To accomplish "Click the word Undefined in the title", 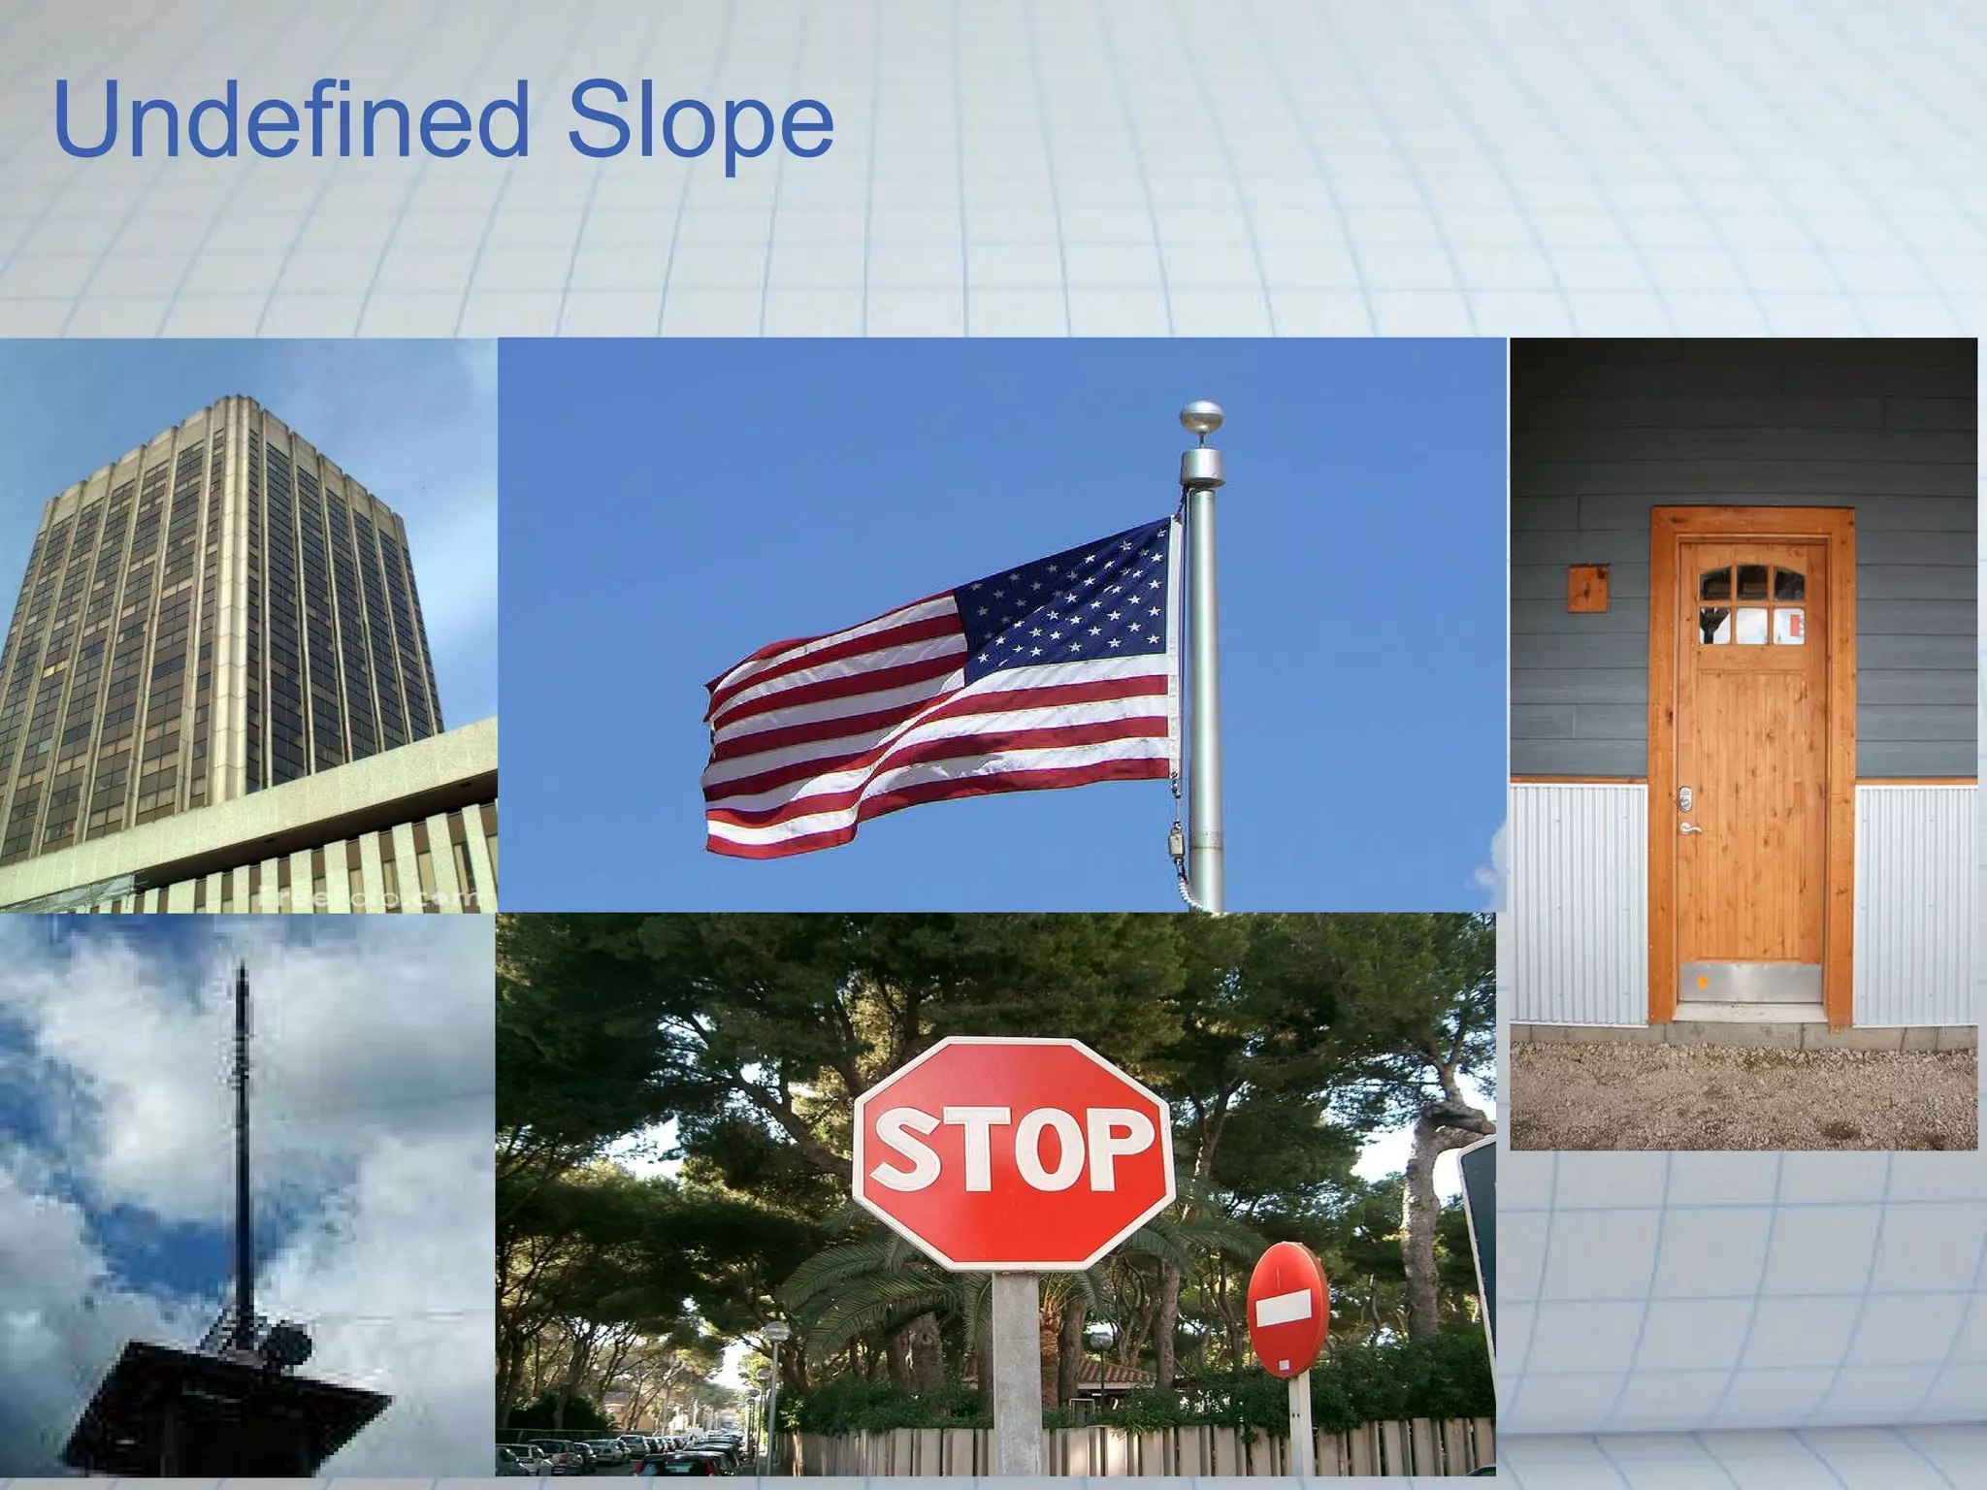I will tap(291, 121).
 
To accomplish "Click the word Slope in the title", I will tap(699, 121).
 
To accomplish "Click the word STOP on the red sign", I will tap(1014, 1151).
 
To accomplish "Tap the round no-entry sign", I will tap(1287, 1309).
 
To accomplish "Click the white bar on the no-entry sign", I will tap(1287, 1312).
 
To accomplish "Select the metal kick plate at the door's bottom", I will tap(1752, 983).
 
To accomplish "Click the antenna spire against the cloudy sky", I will tap(243, 1116).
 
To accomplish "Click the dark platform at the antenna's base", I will tap(233, 1397).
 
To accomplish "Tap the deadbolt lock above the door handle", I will tap(1687, 798).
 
